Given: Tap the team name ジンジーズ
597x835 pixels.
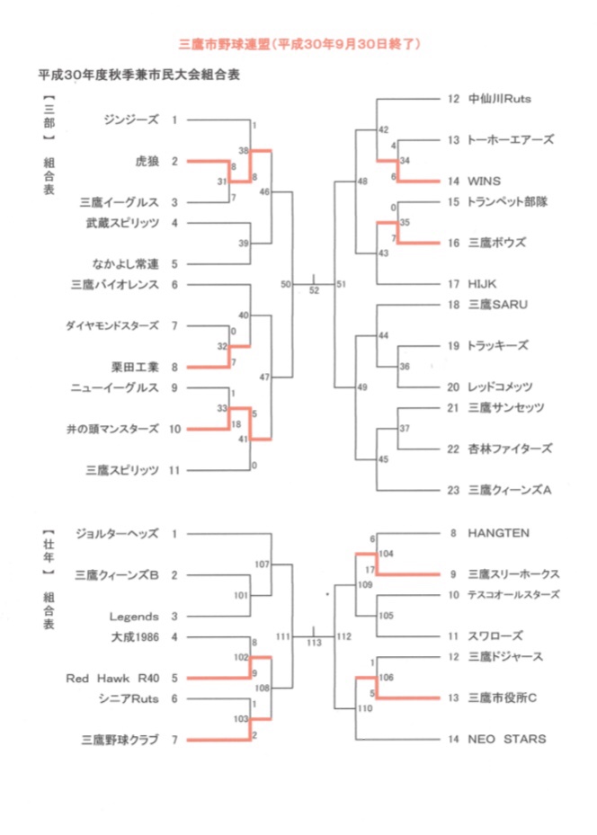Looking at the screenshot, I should pos(130,120).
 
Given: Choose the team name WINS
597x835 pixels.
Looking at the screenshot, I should pos(484,181).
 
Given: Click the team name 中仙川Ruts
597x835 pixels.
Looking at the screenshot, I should pos(502,98).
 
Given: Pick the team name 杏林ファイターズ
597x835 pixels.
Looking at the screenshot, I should pos(509,449).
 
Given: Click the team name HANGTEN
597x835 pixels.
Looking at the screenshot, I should pos(498,533).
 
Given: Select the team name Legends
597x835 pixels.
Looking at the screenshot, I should pos(134,617).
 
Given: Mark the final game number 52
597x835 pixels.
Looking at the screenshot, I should pos(314,290).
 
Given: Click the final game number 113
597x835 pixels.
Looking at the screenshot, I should pos(314,644).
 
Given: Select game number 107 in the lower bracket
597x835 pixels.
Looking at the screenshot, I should pos(263,564).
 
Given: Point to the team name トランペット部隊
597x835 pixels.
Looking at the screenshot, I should pos(509,201).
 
